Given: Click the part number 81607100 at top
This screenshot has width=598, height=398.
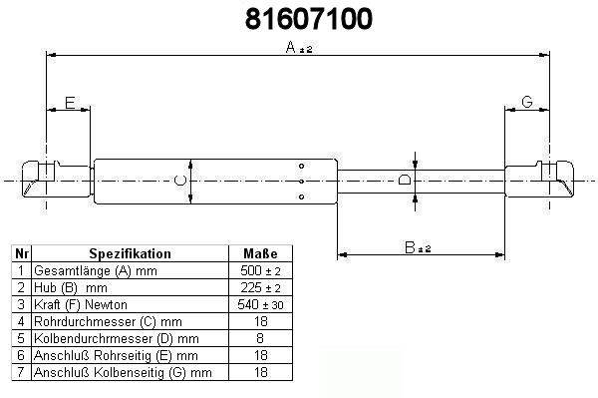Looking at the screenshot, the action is coord(309,19).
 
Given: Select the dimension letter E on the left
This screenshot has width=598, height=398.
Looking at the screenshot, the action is coord(70,103).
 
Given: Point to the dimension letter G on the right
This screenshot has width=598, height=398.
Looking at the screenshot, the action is coord(527,102).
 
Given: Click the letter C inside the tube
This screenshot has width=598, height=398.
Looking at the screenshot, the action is coord(180,181).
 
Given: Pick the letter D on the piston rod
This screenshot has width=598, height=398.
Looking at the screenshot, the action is coord(405,180).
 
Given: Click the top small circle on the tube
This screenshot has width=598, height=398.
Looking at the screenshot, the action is coord(301,166).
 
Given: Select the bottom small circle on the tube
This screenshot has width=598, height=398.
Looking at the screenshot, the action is coord(301,197).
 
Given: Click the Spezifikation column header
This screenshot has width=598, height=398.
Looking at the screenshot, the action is coord(130,253).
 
